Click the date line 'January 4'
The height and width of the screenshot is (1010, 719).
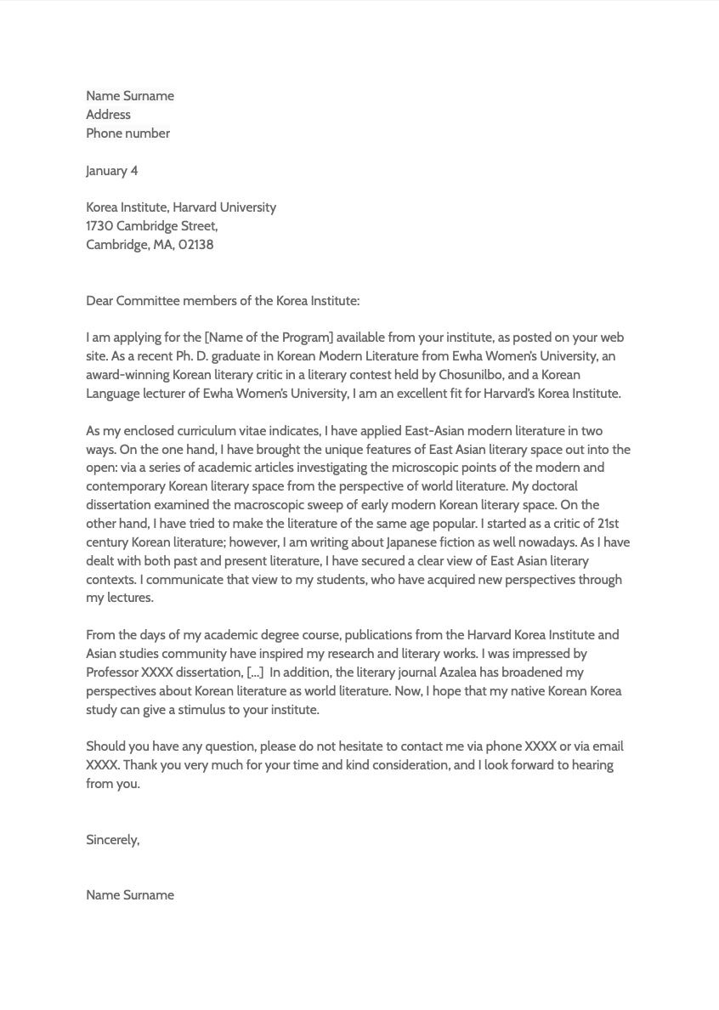(111, 171)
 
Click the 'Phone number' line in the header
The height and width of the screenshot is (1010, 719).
(127, 133)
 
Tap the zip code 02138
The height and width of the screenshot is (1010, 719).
(195, 245)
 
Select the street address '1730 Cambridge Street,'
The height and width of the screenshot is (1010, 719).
(151, 226)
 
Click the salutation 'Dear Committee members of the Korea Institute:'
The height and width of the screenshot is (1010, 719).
(222, 301)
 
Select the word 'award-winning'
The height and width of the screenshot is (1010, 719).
(127, 375)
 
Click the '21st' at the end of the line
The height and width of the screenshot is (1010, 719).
(608, 524)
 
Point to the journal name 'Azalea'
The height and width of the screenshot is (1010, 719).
(457, 672)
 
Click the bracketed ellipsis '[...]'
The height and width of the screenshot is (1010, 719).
(255, 672)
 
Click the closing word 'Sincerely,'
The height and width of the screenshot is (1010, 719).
(112, 840)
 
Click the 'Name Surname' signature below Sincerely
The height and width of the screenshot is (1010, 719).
(129, 895)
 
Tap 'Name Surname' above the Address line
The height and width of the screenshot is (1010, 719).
(129, 96)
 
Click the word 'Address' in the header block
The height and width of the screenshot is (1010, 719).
(108, 115)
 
